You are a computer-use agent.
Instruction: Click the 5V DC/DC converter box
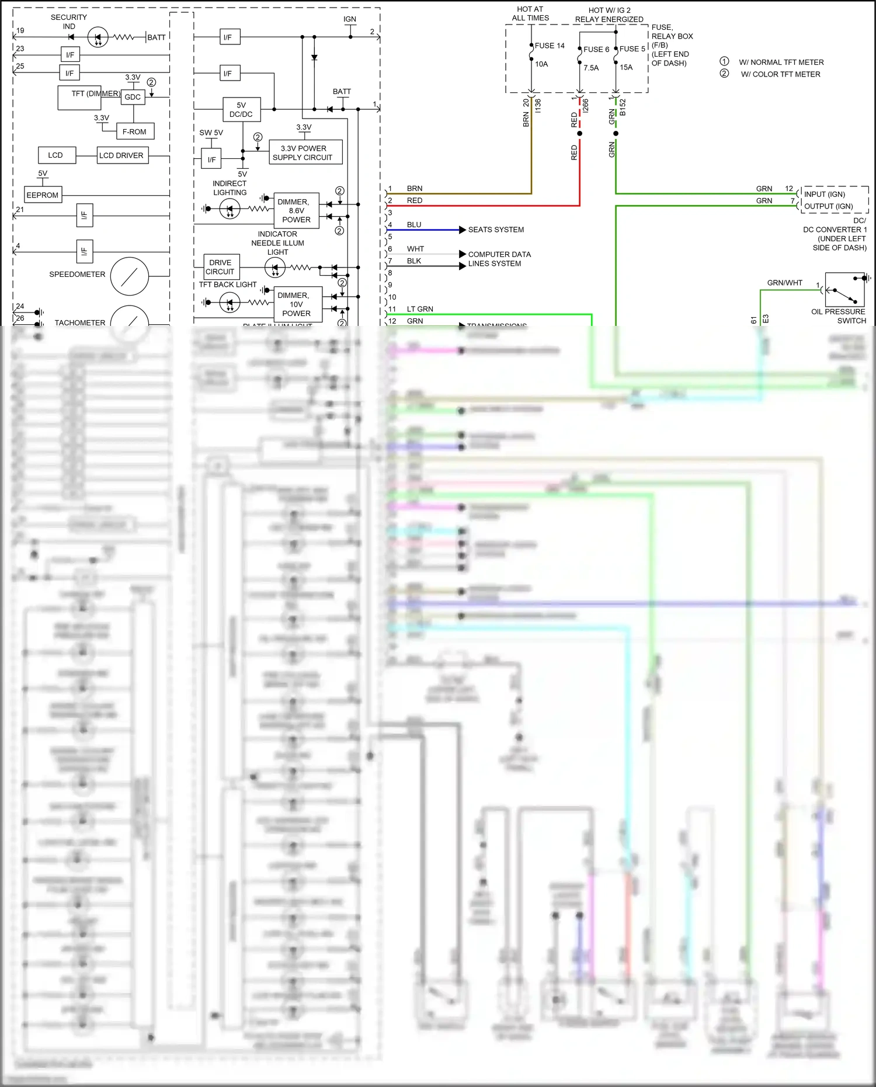(241, 109)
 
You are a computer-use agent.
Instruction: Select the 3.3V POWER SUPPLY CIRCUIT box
(305, 152)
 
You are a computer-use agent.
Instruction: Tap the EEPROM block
(43, 195)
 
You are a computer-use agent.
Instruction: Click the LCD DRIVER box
(122, 155)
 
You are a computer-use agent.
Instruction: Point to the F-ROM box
(135, 131)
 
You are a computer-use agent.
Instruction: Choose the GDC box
(133, 97)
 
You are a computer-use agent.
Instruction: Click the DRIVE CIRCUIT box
(221, 267)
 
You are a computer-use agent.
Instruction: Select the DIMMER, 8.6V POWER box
(296, 210)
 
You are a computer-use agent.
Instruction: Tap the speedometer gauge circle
(130, 276)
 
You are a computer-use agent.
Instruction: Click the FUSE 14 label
(550, 46)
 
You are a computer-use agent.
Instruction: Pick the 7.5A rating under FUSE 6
(591, 68)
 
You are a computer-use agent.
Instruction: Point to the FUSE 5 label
(632, 49)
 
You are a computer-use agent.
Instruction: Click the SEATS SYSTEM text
(496, 230)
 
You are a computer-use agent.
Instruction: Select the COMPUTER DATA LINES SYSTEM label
(499, 259)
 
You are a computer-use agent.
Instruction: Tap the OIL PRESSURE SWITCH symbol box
(844, 289)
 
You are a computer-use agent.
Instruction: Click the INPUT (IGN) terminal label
(824, 194)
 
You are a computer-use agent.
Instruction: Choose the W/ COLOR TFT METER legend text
(780, 74)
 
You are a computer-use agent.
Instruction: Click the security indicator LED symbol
(98, 37)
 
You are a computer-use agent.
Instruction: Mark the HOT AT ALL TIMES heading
(530, 13)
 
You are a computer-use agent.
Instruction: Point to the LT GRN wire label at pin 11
(420, 309)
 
